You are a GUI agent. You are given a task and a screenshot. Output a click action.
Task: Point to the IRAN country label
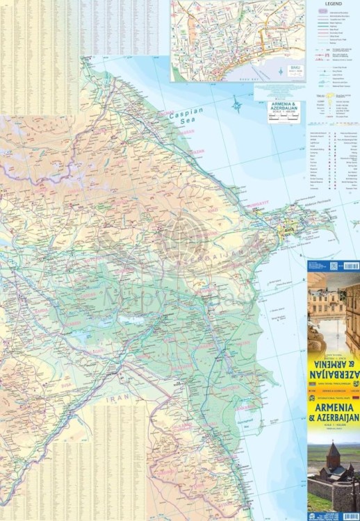pyautogui.click(x=116, y=401)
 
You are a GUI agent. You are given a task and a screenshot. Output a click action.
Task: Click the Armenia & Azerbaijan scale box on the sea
pyautogui.click(x=286, y=111)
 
